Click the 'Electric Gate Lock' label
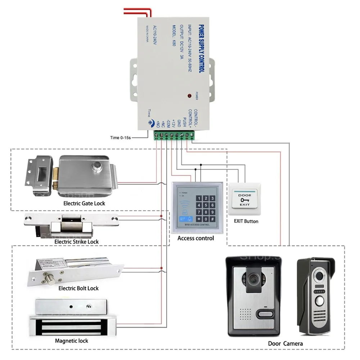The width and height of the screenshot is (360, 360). pyautogui.click(x=84, y=203)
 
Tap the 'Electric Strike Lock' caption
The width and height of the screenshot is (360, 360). pyautogui.click(x=76, y=242)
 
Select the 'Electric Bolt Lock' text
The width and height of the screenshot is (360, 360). pyautogui.click(x=78, y=288)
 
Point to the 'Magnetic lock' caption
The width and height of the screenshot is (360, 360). pyautogui.click(x=71, y=341)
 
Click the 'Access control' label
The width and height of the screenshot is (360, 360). pyautogui.click(x=195, y=238)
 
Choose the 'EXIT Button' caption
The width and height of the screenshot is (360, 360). pyautogui.click(x=246, y=221)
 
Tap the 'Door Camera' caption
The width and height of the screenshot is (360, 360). pyautogui.click(x=285, y=343)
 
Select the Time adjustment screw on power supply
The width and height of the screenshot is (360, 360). pyautogui.click(x=148, y=122)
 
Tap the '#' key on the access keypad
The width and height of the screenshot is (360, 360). pyautogui.click(x=212, y=219)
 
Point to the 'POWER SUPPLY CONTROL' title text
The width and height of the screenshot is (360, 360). pyautogui.click(x=201, y=49)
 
